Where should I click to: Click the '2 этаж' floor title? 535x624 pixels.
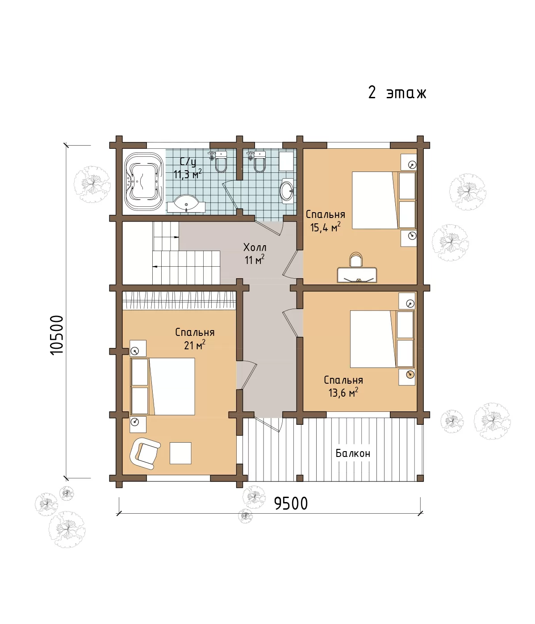click(x=397, y=92)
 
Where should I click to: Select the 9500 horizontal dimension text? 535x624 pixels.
click(x=291, y=503)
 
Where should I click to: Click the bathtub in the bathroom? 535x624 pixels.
click(x=144, y=181)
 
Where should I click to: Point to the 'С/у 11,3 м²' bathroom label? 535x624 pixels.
click(x=188, y=168)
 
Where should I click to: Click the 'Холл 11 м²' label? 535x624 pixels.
click(x=255, y=254)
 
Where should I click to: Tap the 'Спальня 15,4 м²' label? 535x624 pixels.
click(x=325, y=221)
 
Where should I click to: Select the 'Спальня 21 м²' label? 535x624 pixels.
click(x=195, y=339)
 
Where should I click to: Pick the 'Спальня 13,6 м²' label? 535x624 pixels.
click(x=343, y=386)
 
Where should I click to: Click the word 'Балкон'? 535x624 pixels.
click(x=353, y=453)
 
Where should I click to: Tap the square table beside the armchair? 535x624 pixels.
click(x=180, y=453)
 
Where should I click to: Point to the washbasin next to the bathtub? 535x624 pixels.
click(x=186, y=204)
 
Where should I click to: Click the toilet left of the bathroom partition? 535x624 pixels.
click(x=221, y=162)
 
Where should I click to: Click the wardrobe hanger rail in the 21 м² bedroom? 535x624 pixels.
click(x=179, y=300)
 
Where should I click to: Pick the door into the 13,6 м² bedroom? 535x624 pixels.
click(x=292, y=322)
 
